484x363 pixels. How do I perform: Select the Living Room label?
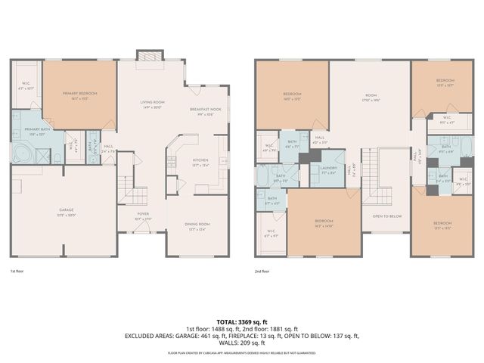pyautogui.click(x=153, y=104)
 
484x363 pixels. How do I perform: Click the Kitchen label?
pyautogui.click(x=200, y=162)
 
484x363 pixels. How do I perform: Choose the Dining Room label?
pyautogui.click(x=198, y=225)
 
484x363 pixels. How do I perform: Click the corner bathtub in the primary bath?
pyautogui.click(x=21, y=154)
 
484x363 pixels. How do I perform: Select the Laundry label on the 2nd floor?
pyautogui.click(x=327, y=169)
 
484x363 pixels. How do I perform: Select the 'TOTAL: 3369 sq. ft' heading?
pyautogui.click(x=242, y=322)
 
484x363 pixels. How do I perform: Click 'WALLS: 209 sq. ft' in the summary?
pyautogui.click(x=242, y=345)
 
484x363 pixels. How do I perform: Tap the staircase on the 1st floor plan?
pyautogui.click(x=134, y=196)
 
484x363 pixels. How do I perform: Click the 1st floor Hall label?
pyautogui.click(x=108, y=147)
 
